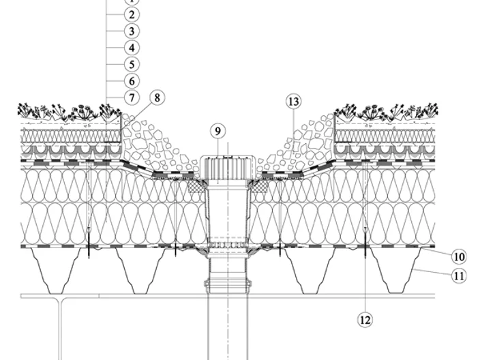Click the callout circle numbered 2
[x=132, y=14]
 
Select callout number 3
[x=132, y=31]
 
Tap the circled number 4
[x=132, y=48]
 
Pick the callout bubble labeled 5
[x=132, y=64]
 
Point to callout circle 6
[x=132, y=81]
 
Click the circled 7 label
[x=132, y=97]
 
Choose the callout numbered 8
[x=157, y=97]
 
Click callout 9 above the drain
[x=217, y=131]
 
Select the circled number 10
[x=459, y=256]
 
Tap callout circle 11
[x=459, y=276]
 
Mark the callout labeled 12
[x=365, y=320]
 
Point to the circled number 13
[x=293, y=102]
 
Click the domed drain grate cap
[x=228, y=168]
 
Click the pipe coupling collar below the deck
[x=228, y=283]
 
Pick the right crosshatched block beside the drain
[x=260, y=186]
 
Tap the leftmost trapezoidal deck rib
[x=57, y=270]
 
